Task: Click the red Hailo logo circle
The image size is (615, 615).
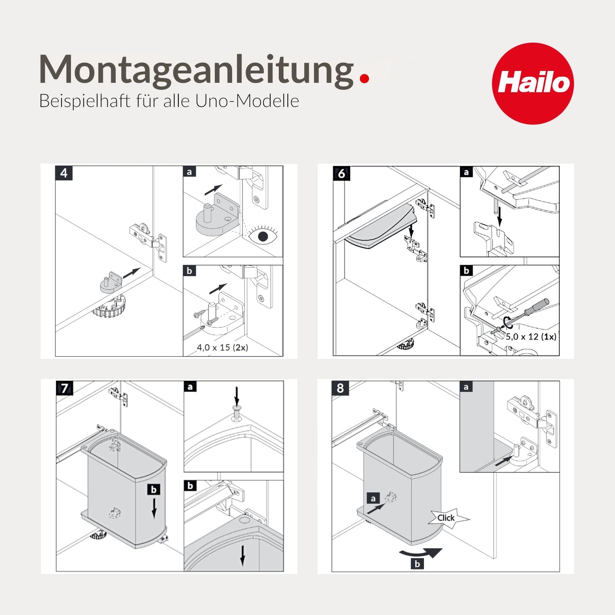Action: point(533,83)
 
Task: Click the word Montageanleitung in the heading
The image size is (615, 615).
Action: point(196,71)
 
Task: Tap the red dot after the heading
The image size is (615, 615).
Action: point(364,78)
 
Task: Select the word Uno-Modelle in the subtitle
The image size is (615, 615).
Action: point(247,101)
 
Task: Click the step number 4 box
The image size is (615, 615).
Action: point(64,173)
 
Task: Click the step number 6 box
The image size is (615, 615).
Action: point(341,173)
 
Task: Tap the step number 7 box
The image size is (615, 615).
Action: point(65,388)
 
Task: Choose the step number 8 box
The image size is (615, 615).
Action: point(340,388)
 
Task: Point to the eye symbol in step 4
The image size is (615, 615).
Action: point(263,236)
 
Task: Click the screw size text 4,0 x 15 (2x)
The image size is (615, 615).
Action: point(223,347)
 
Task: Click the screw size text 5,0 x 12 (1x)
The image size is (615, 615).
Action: point(531,336)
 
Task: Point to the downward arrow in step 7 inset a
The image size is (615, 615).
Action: point(237,397)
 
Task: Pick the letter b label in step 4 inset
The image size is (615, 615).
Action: point(189,271)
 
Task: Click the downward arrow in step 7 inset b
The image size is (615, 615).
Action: point(243,556)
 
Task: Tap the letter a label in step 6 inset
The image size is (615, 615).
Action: point(466,172)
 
